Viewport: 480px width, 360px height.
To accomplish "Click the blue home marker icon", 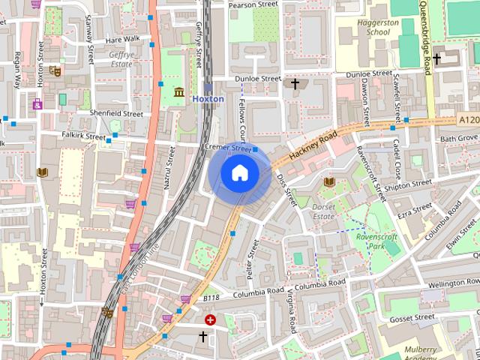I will click(x=239, y=173).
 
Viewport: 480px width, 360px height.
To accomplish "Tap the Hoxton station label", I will click(x=208, y=99).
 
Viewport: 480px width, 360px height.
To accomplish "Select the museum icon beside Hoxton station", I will click(x=179, y=92).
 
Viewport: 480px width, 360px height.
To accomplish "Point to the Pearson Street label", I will click(x=253, y=4).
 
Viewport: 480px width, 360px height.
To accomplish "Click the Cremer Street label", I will click(x=229, y=148).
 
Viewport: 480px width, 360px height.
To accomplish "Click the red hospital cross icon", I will click(x=210, y=319).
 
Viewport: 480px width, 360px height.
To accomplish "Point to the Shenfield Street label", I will click(x=115, y=113).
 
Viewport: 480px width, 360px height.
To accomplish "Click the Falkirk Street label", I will click(x=84, y=136).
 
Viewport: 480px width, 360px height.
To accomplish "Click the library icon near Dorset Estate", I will click(x=328, y=181).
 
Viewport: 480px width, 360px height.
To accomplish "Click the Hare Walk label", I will click(x=122, y=38).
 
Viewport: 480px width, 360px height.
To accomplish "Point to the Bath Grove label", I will click(x=458, y=139).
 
